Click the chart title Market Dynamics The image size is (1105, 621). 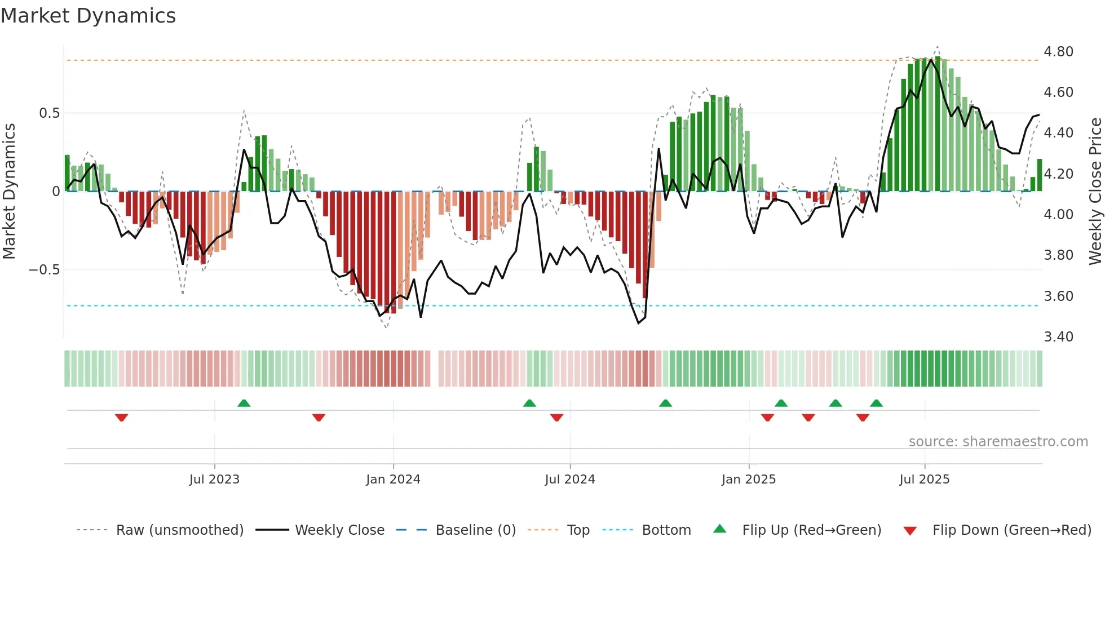click(x=88, y=16)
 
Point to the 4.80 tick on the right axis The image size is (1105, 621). click(x=1058, y=52)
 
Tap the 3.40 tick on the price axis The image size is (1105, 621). click(x=1058, y=337)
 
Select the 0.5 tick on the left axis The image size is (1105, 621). click(x=49, y=113)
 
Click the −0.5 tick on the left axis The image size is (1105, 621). click(x=45, y=270)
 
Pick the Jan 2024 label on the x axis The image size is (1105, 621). click(x=393, y=480)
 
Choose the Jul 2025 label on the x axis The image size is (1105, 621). click(x=924, y=480)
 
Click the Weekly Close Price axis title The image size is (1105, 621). click(x=1095, y=192)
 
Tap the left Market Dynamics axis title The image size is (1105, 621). click(x=9, y=192)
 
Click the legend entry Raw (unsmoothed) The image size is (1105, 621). click(x=179, y=530)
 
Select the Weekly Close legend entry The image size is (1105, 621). click(x=339, y=530)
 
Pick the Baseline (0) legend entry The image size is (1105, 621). click(x=475, y=530)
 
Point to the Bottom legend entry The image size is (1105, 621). click(x=666, y=530)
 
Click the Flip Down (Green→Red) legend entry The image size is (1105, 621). click(x=1011, y=530)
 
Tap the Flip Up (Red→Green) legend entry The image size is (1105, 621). click(x=811, y=530)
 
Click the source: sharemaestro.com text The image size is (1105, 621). click(x=998, y=442)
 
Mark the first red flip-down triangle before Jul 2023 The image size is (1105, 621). click(x=121, y=418)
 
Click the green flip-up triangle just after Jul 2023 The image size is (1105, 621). click(x=244, y=403)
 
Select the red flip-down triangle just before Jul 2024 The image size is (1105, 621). click(x=556, y=418)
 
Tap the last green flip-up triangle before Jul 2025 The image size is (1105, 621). click(x=876, y=403)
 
